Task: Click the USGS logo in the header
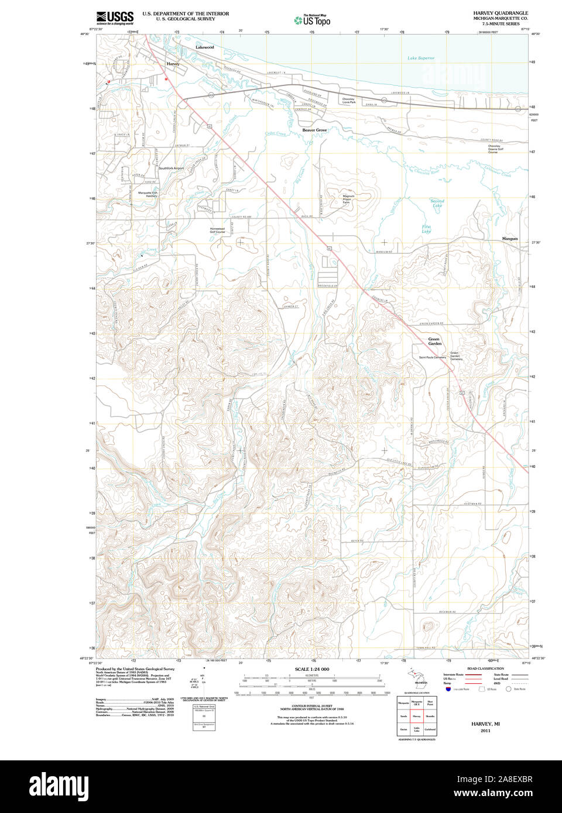tap(115, 18)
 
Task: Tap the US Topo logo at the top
tap(313, 20)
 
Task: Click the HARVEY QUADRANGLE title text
tap(500, 13)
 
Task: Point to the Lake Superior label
tap(421, 58)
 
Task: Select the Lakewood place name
tap(204, 47)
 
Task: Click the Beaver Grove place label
tap(314, 130)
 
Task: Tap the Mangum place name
tap(509, 239)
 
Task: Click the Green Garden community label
tap(434, 341)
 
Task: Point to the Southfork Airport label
tap(171, 168)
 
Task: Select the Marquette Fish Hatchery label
tap(148, 194)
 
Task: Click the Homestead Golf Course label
tap(217, 230)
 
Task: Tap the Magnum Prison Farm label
tap(348, 199)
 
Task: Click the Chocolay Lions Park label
tap(348, 101)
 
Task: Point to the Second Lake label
tap(437, 203)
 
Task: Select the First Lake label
tap(426, 229)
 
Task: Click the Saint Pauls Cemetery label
tap(432, 357)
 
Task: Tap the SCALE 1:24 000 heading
tap(311, 669)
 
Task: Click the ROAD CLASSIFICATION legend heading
tap(485, 669)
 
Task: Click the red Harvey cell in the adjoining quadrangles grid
tap(417, 715)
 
